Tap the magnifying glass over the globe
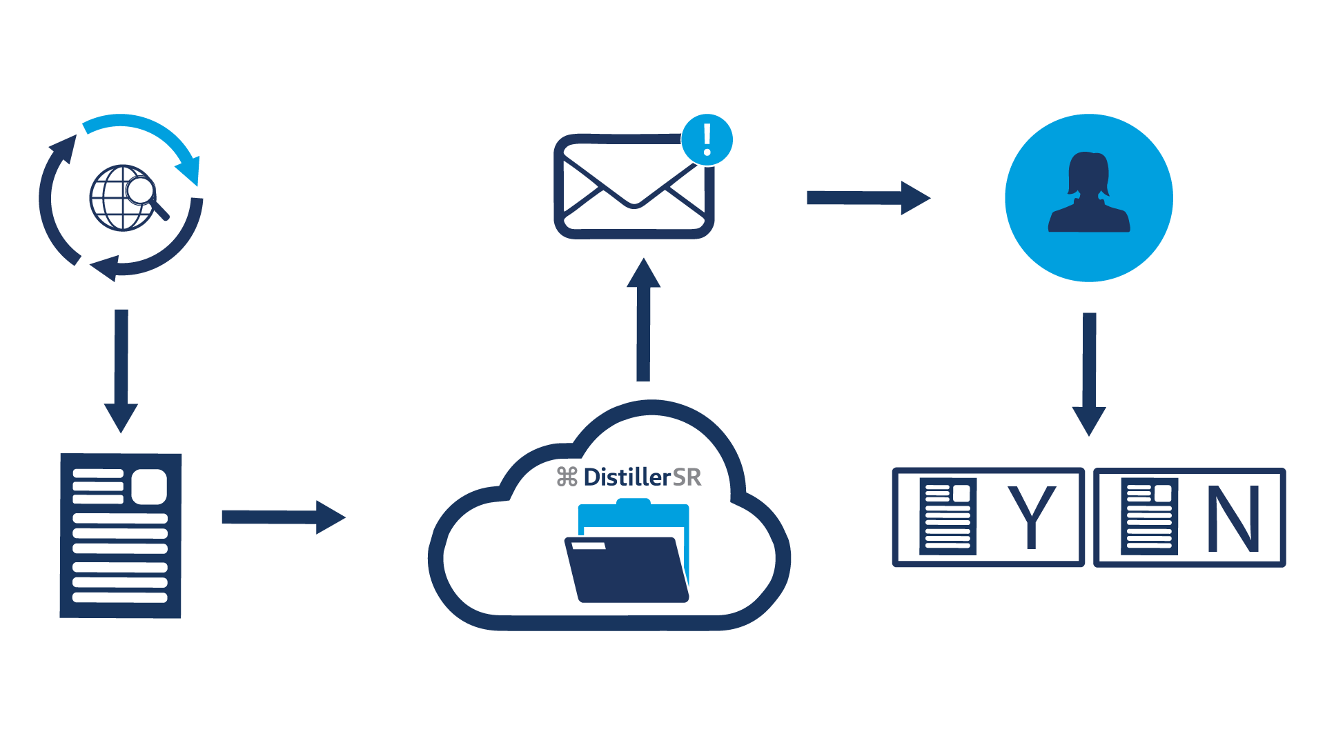click(x=143, y=191)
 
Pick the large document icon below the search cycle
click(x=121, y=535)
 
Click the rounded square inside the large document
click(x=149, y=486)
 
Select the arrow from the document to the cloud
click(x=283, y=517)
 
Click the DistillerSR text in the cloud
click(x=642, y=477)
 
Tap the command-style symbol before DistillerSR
click(x=567, y=477)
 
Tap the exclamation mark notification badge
click(x=707, y=139)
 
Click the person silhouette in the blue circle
click(x=1089, y=193)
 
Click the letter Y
click(x=1032, y=517)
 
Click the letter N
click(x=1234, y=518)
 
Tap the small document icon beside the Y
click(x=948, y=516)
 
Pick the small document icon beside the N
click(x=1149, y=516)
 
